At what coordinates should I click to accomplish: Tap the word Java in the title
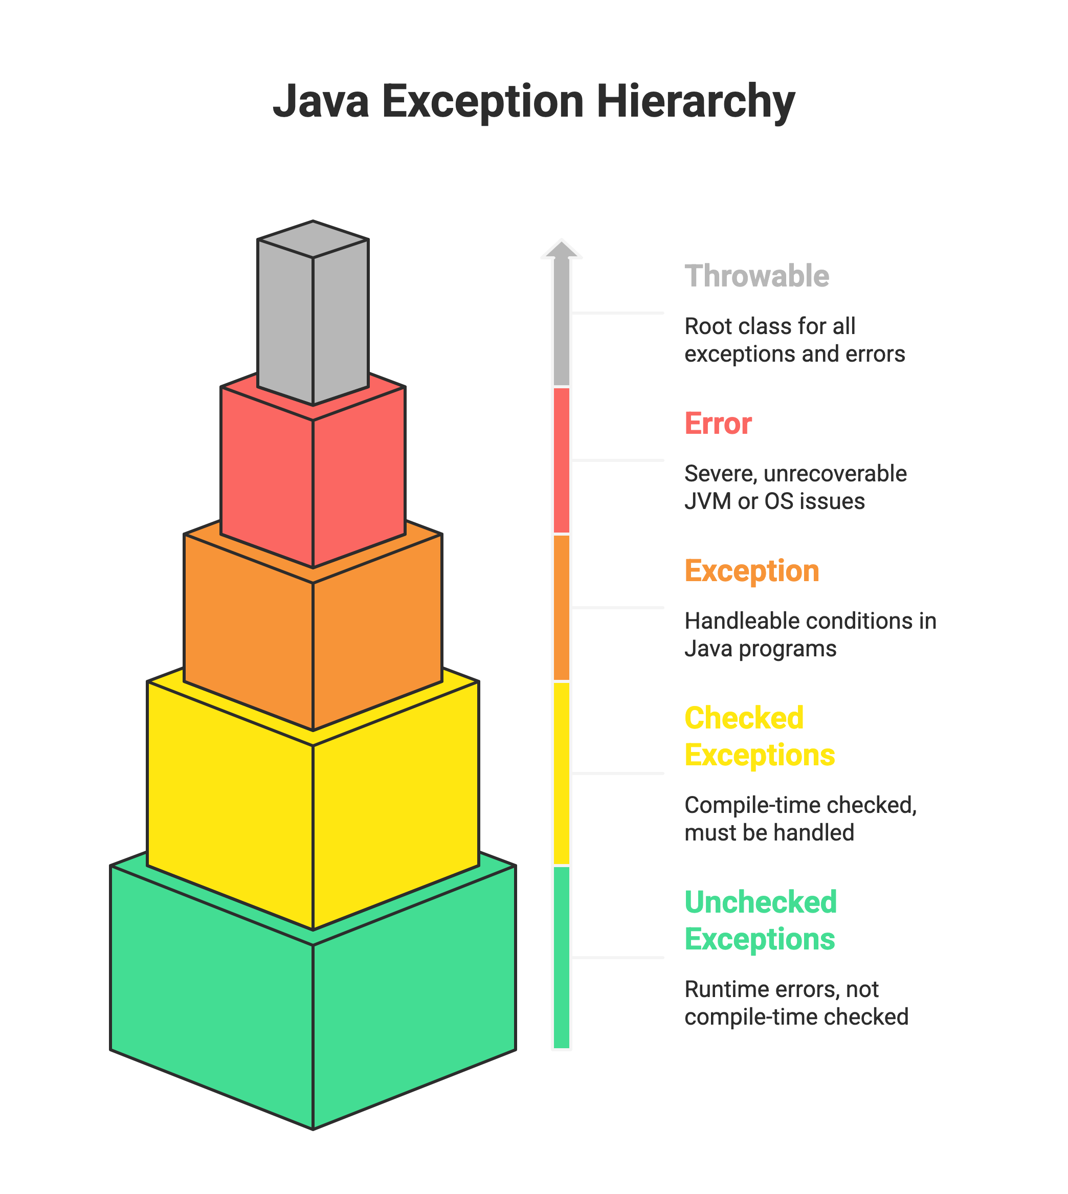click(x=321, y=102)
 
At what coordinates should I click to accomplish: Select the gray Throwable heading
click(x=757, y=276)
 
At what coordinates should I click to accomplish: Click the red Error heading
click(x=718, y=423)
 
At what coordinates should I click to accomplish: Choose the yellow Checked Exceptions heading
click(x=760, y=736)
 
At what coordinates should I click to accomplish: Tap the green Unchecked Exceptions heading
click(x=761, y=920)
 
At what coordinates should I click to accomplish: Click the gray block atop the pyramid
click(x=313, y=313)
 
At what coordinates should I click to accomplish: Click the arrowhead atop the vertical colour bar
click(x=562, y=249)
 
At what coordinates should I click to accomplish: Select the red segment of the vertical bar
click(x=562, y=460)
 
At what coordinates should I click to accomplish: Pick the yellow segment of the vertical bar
click(x=562, y=773)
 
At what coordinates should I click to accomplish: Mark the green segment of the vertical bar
click(x=562, y=958)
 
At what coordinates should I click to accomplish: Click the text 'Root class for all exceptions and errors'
click(x=794, y=340)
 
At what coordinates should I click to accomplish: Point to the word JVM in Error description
click(x=708, y=501)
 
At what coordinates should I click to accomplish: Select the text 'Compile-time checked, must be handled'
click(x=800, y=819)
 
